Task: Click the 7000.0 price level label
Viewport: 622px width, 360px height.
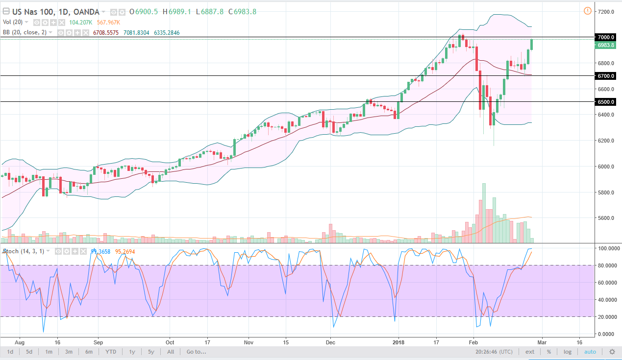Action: (x=606, y=37)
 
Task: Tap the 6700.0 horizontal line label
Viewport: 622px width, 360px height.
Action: (x=606, y=76)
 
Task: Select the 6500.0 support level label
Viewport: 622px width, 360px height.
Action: (x=606, y=102)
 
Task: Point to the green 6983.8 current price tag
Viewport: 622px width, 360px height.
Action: (x=606, y=46)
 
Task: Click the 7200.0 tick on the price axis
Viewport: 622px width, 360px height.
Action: (x=606, y=11)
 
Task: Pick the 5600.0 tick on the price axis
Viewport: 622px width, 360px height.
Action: (x=606, y=218)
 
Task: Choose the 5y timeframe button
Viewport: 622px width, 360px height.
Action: (x=151, y=352)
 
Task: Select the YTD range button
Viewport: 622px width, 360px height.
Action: (x=111, y=352)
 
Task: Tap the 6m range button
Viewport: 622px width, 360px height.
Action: (x=89, y=352)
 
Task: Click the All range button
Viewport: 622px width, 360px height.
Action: (x=171, y=352)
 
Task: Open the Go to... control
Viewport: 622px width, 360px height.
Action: (x=196, y=352)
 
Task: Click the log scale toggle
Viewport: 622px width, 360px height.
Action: (x=567, y=352)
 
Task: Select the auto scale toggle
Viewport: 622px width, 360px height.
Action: (x=590, y=352)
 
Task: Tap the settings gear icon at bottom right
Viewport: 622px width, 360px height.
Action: (x=612, y=352)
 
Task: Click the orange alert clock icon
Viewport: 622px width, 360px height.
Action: (x=587, y=11)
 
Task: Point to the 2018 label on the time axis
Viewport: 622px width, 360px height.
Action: (x=398, y=342)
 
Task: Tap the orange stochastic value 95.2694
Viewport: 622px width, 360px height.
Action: (x=124, y=251)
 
